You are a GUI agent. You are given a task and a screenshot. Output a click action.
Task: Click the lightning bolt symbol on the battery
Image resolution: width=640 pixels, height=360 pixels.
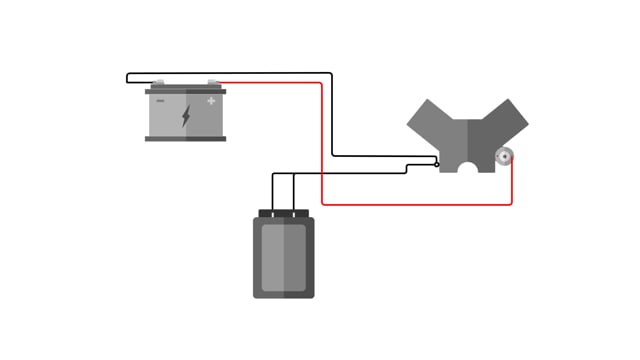[x=186, y=116]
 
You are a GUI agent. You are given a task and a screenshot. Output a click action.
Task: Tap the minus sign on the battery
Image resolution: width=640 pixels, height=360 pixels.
[x=160, y=100]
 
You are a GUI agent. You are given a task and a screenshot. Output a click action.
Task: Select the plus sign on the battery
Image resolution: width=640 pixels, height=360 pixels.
[x=211, y=100]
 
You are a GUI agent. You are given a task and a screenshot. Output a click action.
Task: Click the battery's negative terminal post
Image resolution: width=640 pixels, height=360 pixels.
[x=158, y=85]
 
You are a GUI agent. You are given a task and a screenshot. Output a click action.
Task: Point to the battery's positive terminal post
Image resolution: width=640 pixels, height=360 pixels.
[x=213, y=85]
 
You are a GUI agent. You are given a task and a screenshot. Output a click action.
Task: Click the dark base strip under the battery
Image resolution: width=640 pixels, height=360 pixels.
[x=186, y=139]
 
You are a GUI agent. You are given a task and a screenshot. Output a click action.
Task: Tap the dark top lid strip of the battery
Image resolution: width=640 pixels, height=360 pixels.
[x=186, y=91]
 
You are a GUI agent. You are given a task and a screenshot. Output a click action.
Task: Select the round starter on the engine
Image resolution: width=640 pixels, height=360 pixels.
[x=505, y=155]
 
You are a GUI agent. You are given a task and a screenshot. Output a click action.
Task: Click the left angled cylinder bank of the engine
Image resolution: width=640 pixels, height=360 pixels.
[x=431, y=121]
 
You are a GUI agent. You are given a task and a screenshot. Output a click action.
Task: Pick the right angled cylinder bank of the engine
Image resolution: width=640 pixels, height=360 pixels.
[x=505, y=121]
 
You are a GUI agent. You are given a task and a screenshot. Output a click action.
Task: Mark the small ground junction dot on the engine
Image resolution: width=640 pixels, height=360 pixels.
[x=437, y=164]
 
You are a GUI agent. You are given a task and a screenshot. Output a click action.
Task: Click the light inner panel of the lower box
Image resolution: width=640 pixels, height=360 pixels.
[x=283, y=258]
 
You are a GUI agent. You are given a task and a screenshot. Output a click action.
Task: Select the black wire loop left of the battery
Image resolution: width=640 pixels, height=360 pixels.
[x=128, y=77]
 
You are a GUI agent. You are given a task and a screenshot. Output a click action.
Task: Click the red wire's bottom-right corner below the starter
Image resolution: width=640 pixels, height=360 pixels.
[x=511, y=204]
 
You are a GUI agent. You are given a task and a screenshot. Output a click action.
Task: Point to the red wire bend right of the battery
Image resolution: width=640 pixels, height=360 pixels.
[x=320, y=84]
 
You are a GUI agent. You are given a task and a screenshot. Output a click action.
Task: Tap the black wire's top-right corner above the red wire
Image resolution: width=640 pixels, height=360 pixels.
[x=331, y=73]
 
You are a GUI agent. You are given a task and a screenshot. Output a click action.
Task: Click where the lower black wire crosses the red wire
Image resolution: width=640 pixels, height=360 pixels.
[x=322, y=173]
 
